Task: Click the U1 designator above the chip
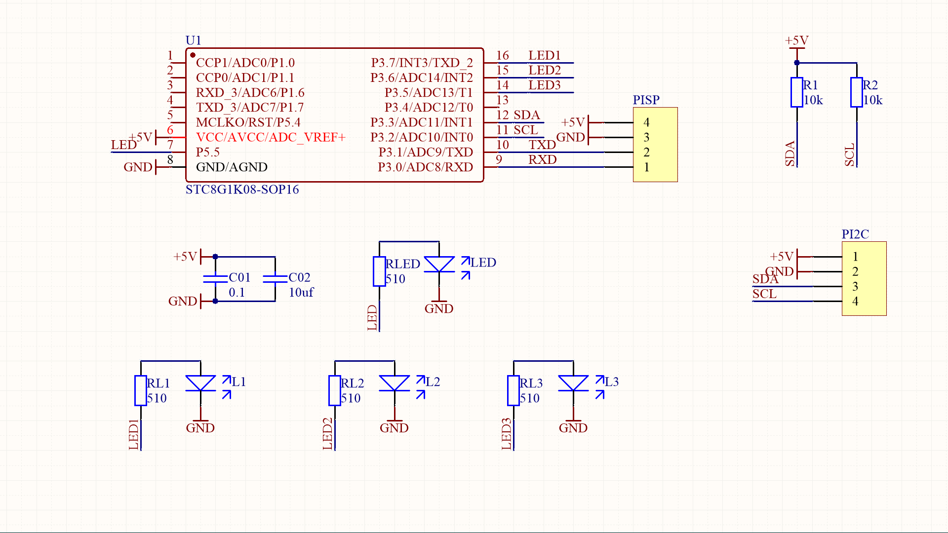(x=193, y=40)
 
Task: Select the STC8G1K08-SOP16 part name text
(x=242, y=190)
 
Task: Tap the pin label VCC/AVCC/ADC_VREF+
(x=270, y=137)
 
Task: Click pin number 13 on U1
(x=502, y=100)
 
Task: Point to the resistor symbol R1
(x=796, y=92)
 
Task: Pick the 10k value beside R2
(x=872, y=100)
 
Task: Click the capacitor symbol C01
(x=215, y=279)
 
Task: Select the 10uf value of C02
(x=301, y=293)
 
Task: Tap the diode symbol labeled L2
(x=394, y=383)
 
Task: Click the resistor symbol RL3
(x=513, y=390)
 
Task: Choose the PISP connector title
(x=646, y=100)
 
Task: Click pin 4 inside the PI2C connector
(x=855, y=301)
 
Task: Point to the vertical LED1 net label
(x=133, y=434)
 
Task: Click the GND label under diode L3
(x=573, y=428)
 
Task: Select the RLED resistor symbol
(x=379, y=271)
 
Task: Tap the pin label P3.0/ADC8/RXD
(x=425, y=167)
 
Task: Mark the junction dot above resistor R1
(x=797, y=63)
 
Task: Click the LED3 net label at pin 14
(x=544, y=85)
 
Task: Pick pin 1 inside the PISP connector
(x=646, y=167)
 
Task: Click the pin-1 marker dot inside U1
(x=193, y=55)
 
